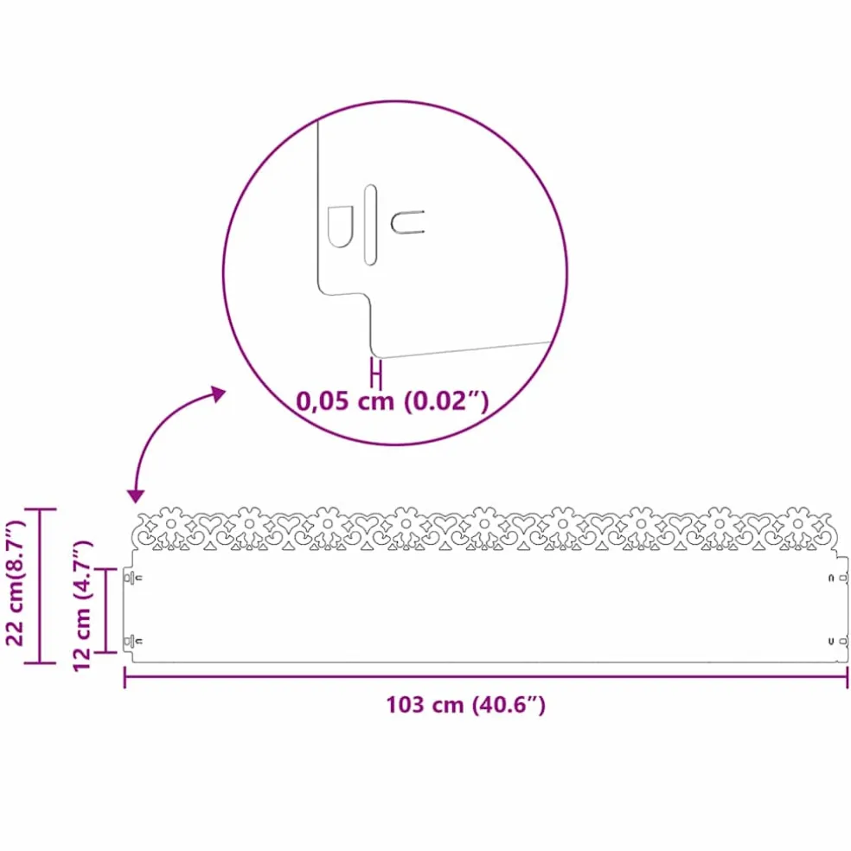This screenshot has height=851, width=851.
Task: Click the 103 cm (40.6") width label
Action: (x=465, y=705)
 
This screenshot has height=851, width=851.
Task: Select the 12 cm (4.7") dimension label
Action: (x=82, y=606)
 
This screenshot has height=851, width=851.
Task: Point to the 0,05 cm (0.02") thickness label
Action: (x=392, y=401)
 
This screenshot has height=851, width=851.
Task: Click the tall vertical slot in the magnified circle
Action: (x=370, y=225)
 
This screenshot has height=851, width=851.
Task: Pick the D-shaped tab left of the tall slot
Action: (x=340, y=227)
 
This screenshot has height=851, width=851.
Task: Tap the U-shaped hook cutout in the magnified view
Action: (x=407, y=222)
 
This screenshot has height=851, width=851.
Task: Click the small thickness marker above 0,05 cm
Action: (x=376, y=373)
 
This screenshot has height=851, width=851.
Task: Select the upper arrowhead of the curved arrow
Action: (x=219, y=394)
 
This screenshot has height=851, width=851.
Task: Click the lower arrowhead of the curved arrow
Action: (x=135, y=496)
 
